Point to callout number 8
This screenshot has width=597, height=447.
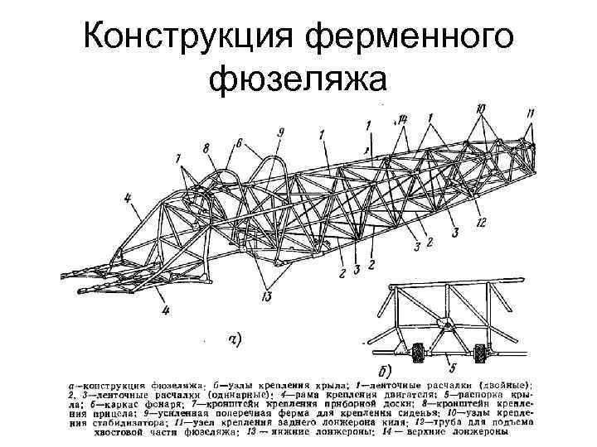point(205,149)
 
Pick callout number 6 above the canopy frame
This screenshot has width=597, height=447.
point(239,142)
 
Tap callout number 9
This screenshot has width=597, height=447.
point(281,132)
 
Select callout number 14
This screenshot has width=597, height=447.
point(402,121)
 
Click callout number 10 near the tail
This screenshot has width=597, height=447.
point(483,108)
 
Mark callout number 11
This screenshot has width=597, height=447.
point(531,113)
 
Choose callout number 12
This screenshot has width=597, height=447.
point(482,221)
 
